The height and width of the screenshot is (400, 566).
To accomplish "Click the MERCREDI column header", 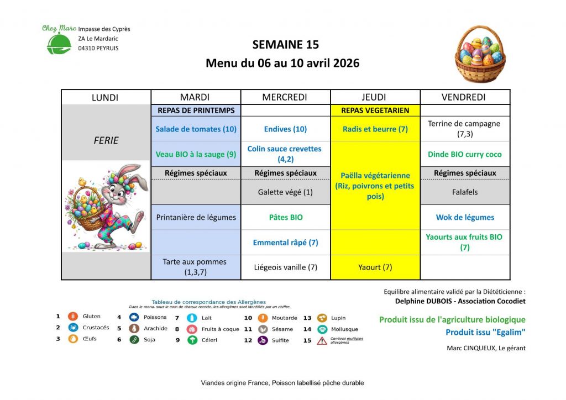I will (x=285, y=97).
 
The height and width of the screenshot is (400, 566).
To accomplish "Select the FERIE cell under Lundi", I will (x=106, y=140).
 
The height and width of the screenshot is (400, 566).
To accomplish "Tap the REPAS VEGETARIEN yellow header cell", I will (x=375, y=110).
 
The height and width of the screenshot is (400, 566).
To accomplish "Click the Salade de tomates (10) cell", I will (x=196, y=129).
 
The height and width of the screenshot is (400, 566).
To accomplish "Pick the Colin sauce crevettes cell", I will (x=285, y=154).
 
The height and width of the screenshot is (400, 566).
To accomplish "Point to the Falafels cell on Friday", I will (x=464, y=192).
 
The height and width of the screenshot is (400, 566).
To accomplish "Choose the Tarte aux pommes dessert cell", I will (x=196, y=267).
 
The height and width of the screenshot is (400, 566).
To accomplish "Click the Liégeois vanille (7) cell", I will (x=285, y=267).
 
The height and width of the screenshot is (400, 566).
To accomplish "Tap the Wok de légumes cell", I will (x=464, y=218).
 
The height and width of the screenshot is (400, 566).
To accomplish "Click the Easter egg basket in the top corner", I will (x=480, y=54).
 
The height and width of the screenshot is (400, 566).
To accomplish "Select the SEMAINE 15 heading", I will (x=285, y=45).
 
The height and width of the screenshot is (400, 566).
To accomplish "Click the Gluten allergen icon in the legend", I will (x=72, y=317).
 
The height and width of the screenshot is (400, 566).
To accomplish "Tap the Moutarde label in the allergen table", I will (x=285, y=318).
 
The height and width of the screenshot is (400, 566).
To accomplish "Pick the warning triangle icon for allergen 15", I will (x=322, y=340).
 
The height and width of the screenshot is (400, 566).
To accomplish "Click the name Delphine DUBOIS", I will (x=422, y=302).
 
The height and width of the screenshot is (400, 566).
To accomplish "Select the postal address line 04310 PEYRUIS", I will (x=98, y=48).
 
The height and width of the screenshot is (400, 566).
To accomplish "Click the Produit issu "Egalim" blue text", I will (x=485, y=333).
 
